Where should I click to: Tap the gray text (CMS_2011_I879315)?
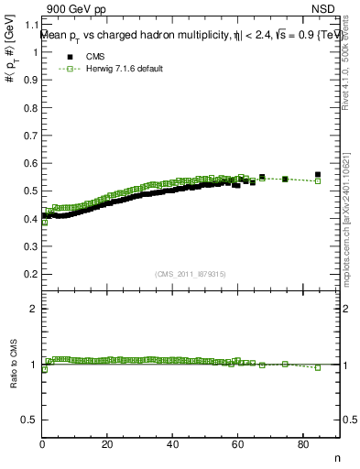(x=191, y=274)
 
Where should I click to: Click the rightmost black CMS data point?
(x=318, y=174)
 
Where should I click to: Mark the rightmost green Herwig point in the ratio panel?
(x=318, y=367)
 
